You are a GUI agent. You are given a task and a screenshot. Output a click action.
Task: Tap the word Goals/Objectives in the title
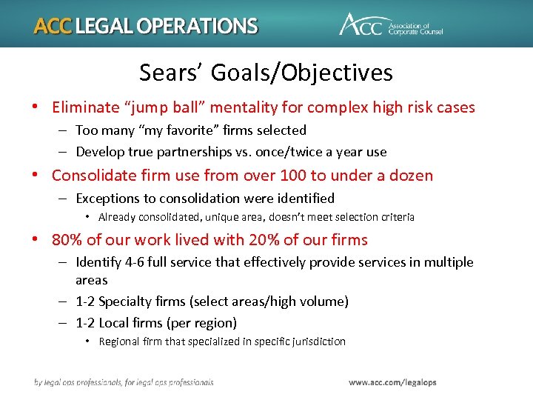(301, 73)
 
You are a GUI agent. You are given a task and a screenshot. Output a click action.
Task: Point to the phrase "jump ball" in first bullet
(157, 107)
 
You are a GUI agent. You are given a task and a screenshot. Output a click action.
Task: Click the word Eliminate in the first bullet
(82, 107)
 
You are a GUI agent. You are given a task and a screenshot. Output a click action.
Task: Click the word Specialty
(124, 301)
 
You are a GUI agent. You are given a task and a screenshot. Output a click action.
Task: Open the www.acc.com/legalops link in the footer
(392, 382)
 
